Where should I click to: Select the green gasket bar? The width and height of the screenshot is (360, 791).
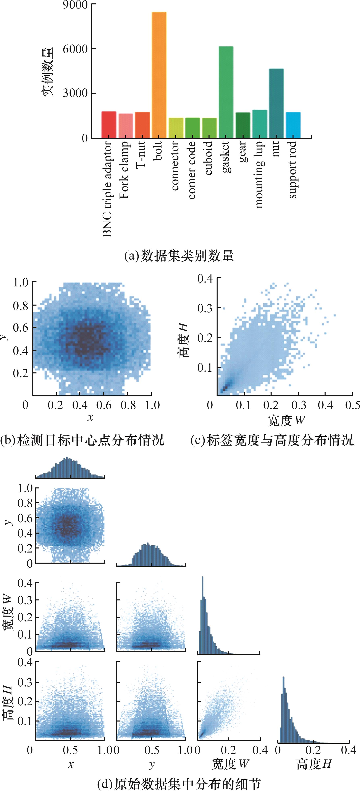click(x=226, y=92)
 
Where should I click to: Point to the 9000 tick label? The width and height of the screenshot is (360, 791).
click(x=75, y=5)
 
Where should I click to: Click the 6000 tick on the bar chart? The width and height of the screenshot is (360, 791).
click(x=75, y=49)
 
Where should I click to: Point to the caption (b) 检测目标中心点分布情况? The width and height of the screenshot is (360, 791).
click(x=82, y=440)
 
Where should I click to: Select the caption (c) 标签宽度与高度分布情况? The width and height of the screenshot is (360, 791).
click(x=272, y=440)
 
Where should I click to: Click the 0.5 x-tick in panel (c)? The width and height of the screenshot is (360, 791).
click(x=353, y=405)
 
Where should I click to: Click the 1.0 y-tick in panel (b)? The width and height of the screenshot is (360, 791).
click(x=21, y=282)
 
